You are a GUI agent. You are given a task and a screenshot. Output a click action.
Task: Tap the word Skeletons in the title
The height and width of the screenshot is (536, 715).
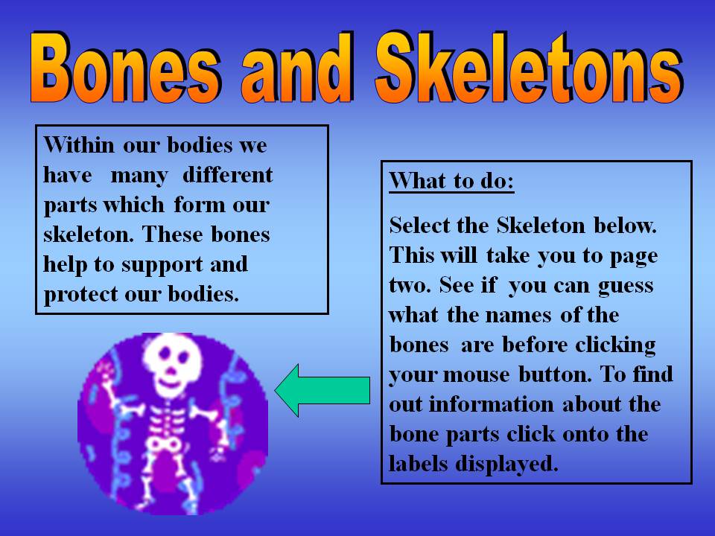coord(529,67)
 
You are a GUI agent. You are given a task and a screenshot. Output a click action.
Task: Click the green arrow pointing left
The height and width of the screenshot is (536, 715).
coord(322,391)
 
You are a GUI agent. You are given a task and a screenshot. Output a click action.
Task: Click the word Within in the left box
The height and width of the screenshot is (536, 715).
coord(79,145)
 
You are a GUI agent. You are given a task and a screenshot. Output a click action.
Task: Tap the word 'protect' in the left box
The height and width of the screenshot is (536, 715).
coord(81,295)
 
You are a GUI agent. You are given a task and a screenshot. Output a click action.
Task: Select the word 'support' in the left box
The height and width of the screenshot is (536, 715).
coord(162,266)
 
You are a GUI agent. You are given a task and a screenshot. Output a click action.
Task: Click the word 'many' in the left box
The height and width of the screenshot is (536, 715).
coord(139,176)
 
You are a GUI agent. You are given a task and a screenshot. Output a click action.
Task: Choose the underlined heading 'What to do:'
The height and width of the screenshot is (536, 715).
coord(451,181)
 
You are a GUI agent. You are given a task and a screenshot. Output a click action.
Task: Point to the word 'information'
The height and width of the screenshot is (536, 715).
coord(491,404)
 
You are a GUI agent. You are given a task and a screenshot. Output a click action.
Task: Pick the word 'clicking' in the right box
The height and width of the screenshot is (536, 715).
coord(615,345)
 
